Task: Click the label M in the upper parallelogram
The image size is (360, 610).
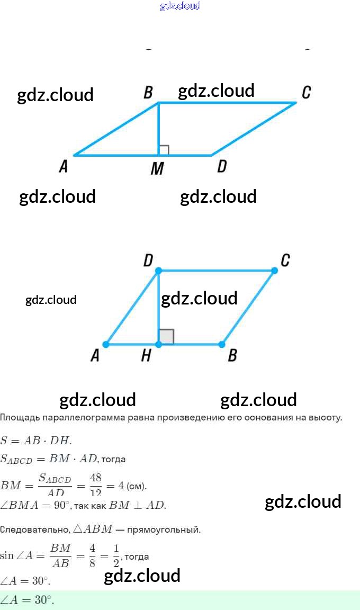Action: click(x=157, y=169)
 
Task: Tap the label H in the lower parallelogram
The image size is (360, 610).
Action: click(x=146, y=356)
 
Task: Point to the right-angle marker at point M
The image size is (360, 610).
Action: click(x=164, y=150)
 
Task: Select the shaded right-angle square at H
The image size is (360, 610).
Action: click(x=166, y=337)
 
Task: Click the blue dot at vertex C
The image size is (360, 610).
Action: click(x=274, y=271)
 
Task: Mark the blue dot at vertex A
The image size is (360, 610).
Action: click(x=106, y=345)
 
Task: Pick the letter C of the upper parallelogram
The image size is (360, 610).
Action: click(x=306, y=93)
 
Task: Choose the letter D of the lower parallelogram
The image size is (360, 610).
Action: click(x=148, y=261)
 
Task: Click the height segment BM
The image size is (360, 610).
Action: click(x=158, y=130)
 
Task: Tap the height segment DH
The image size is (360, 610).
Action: click(x=158, y=307)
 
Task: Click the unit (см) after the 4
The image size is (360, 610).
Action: click(x=136, y=486)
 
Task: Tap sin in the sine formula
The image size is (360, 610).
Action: click(x=7, y=555)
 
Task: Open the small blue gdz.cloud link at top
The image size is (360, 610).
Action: click(x=180, y=6)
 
